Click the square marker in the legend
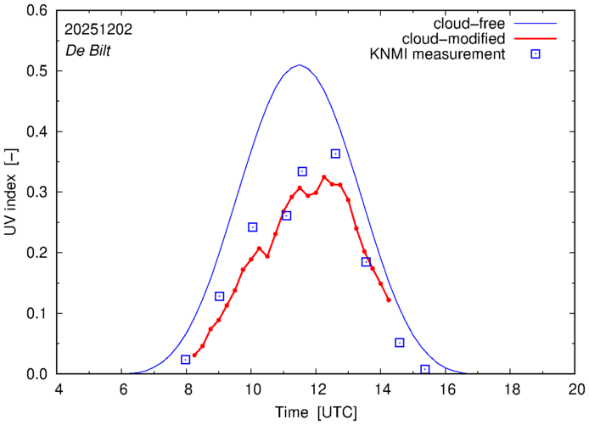click(x=536, y=55)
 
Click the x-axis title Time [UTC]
click(x=317, y=412)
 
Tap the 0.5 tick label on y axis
click(x=36, y=71)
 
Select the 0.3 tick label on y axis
click(x=36, y=193)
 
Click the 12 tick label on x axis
click(x=317, y=389)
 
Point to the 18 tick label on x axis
click(x=512, y=389)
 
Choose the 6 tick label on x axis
click(x=122, y=389)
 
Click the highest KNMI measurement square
click(x=335, y=154)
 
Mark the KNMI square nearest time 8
click(x=186, y=360)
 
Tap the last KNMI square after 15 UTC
click(x=425, y=369)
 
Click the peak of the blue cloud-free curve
click(x=299, y=65)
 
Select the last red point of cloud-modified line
click(x=389, y=299)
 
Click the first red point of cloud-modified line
click(x=194, y=355)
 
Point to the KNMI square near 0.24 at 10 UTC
click(x=252, y=227)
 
